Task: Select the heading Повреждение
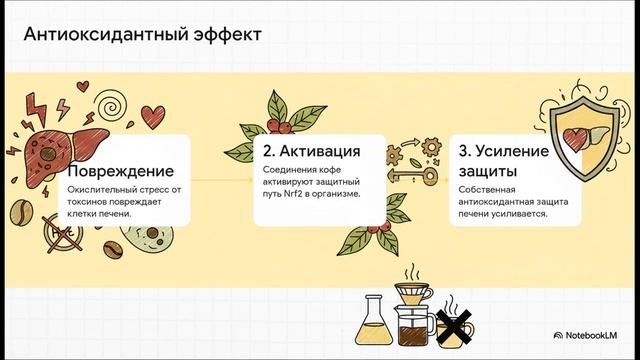point(113,171)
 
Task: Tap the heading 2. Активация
point(311,152)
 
